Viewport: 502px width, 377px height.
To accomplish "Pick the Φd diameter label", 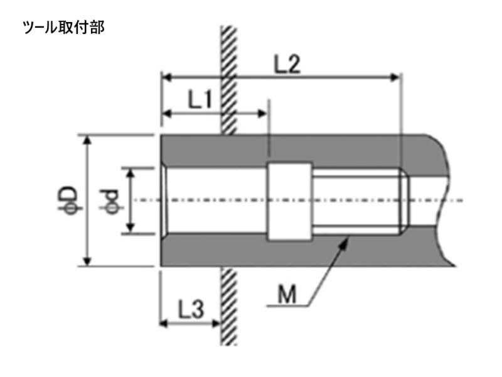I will point(112,200).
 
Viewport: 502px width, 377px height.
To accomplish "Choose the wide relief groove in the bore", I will point(289,201).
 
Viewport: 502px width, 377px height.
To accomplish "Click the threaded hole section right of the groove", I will point(355,201).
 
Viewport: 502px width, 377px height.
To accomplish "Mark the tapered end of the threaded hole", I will point(405,201).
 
